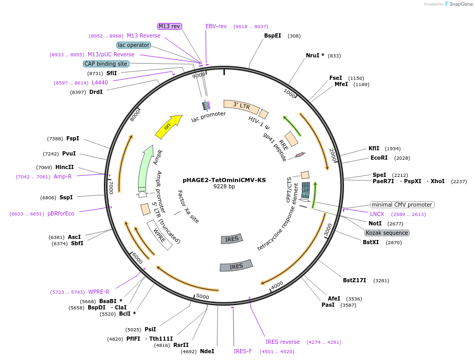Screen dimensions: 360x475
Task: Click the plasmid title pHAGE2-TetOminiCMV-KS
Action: tap(224, 180)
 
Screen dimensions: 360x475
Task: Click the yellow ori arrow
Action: tap(168, 127)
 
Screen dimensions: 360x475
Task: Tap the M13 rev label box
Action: tap(170, 26)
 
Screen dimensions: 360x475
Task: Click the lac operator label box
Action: tap(134, 45)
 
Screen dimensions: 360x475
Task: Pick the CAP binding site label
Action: tap(106, 64)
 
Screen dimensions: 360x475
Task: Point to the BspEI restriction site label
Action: tap(272, 35)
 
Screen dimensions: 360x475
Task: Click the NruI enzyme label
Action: tap(315, 55)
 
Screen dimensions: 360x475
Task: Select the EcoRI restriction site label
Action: tap(379, 158)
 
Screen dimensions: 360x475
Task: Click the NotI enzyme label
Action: tap(375, 223)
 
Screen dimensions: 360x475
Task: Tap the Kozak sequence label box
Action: tap(387, 233)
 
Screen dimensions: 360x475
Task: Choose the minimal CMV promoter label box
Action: tap(402, 205)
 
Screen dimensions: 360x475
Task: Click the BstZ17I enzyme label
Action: tap(354, 280)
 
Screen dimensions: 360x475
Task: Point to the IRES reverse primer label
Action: tap(282, 342)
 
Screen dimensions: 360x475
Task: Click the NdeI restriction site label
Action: tap(207, 351)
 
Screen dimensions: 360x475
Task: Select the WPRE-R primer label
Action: tap(99, 292)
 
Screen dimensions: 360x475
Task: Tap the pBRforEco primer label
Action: tap(61, 213)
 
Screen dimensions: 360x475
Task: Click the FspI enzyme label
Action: tap(73, 138)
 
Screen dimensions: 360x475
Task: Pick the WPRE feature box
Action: tap(160, 235)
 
